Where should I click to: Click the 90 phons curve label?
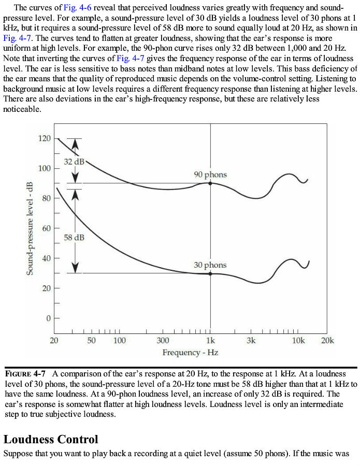point(210,174)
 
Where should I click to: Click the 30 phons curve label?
point(210,265)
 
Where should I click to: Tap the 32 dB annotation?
point(74,162)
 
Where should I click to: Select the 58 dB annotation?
point(74,237)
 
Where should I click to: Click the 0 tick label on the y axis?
point(48,317)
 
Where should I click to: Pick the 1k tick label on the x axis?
point(210,340)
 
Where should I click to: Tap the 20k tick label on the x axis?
point(327,340)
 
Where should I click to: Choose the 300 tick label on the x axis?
point(162,340)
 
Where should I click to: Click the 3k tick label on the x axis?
point(251,340)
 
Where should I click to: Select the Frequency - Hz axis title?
point(190,353)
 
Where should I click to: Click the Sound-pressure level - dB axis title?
point(29,228)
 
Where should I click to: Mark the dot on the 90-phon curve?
point(210,183)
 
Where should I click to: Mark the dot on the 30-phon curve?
point(210,273)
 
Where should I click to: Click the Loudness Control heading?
point(51,440)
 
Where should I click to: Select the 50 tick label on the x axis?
point(91,340)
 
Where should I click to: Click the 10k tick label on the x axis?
point(298,340)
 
